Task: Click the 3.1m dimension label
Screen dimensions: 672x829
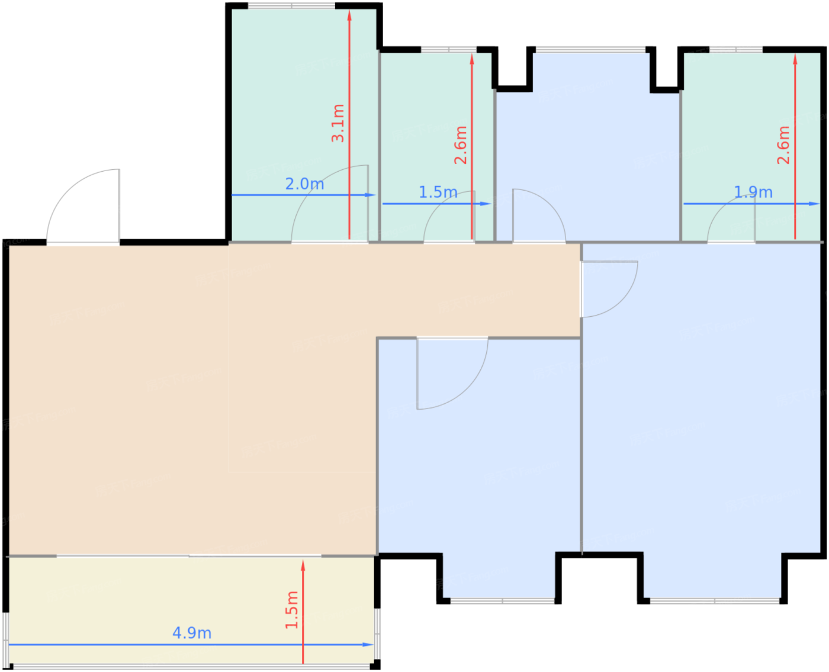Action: [338, 123]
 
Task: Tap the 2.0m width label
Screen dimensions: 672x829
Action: [304, 184]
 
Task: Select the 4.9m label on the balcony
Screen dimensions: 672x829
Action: [192, 633]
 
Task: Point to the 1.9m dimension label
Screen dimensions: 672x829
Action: [753, 192]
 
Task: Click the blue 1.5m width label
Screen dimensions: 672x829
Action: [438, 192]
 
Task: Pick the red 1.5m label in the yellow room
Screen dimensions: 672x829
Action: [292, 610]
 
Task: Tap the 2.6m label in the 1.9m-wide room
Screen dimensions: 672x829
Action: [783, 145]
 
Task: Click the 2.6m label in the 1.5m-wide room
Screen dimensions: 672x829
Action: [461, 145]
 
